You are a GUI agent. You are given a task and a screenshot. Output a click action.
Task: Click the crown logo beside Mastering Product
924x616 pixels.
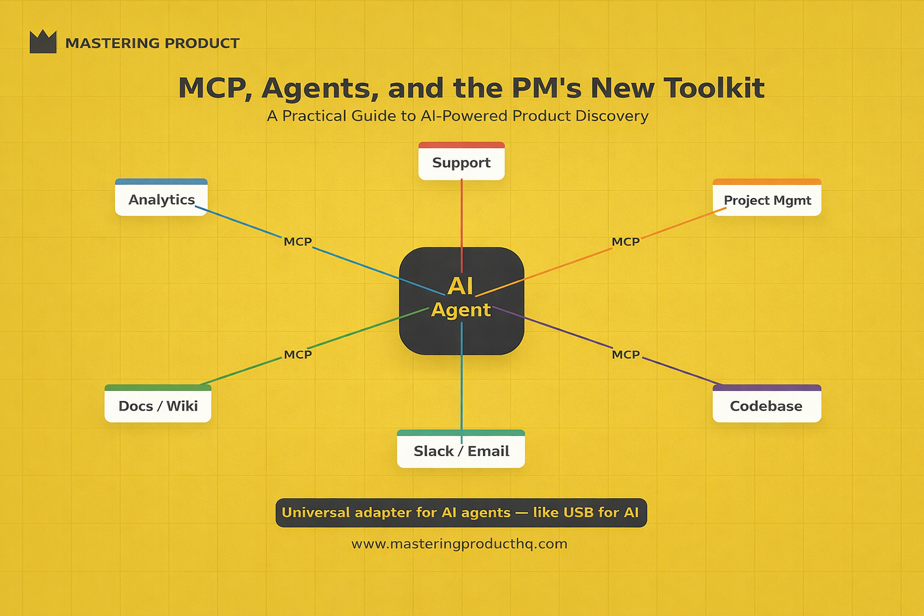pyautogui.click(x=43, y=42)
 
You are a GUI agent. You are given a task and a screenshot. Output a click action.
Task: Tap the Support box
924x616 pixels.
pyautogui.click(x=461, y=162)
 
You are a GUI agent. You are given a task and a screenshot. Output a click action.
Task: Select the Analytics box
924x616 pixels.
pyautogui.click(x=161, y=199)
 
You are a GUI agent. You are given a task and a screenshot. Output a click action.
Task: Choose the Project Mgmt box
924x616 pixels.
pyautogui.click(x=767, y=199)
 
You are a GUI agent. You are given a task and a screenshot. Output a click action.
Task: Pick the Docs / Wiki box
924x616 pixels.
pyautogui.click(x=158, y=405)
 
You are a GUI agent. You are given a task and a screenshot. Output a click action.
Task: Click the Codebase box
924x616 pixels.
pyautogui.click(x=766, y=405)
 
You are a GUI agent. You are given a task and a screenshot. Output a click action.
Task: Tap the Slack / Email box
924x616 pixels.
pyautogui.click(x=461, y=450)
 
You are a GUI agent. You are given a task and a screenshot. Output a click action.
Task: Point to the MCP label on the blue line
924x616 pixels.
pyautogui.click(x=298, y=242)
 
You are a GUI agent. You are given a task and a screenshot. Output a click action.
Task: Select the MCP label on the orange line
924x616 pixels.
pyautogui.click(x=626, y=242)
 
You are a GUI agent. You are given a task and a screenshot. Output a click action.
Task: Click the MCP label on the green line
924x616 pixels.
pyautogui.click(x=298, y=355)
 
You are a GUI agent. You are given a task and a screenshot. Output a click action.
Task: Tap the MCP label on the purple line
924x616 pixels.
pyautogui.click(x=626, y=355)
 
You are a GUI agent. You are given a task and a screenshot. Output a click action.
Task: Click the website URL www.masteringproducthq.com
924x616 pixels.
pyautogui.click(x=459, y=544)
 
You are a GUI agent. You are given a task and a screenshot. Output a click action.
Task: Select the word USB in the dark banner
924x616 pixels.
pyautogui.click(x=578, y=513)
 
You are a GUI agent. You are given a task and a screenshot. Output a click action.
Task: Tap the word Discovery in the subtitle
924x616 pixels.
pyautogui.click(x=612, y=116)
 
